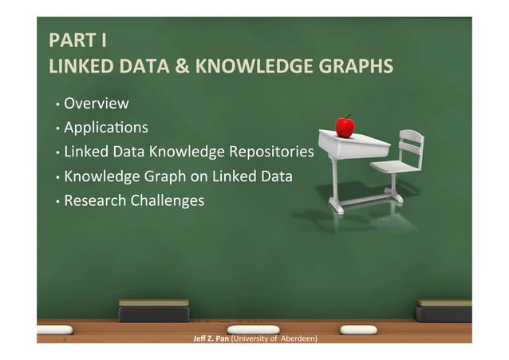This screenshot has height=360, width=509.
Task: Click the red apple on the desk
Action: point(345,126)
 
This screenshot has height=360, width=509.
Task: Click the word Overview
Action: point(97,103)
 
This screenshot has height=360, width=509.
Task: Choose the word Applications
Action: point(106,127)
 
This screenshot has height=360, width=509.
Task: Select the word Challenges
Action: point(168,200)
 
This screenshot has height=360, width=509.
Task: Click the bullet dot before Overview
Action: point(57,105)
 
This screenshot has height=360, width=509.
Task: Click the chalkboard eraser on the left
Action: point(154,310)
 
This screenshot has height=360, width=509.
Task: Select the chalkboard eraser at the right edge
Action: point(444,310)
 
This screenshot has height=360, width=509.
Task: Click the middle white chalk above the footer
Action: point(253,330)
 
